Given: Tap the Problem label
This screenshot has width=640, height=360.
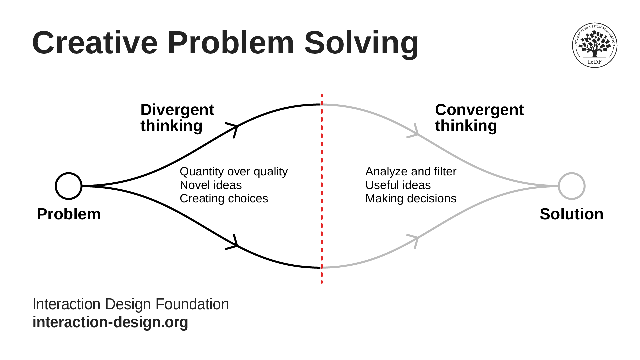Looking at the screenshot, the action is [69, 214].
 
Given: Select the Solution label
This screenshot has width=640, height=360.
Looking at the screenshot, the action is [572, 214].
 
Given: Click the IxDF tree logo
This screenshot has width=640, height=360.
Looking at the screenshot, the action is [595, 45].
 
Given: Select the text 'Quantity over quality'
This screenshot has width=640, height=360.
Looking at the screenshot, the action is [234, 171].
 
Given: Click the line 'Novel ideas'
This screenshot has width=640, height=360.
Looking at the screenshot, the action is [211, 185].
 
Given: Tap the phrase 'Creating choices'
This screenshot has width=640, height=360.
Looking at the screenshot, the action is [224, 198].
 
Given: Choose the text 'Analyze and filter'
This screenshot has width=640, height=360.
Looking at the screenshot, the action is [411, 171].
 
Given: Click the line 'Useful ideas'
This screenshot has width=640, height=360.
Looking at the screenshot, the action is [398, 185].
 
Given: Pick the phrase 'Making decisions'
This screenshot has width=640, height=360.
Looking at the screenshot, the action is [411, 198].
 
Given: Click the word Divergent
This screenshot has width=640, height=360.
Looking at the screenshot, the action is [177, 110].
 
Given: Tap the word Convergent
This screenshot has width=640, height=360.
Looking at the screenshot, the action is [479, 110].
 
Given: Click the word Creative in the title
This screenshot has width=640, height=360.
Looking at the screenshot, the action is [95, 43].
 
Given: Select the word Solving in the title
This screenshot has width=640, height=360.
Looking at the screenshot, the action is [361, 43].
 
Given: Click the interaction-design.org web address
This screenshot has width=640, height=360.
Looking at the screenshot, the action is [110, 322].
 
